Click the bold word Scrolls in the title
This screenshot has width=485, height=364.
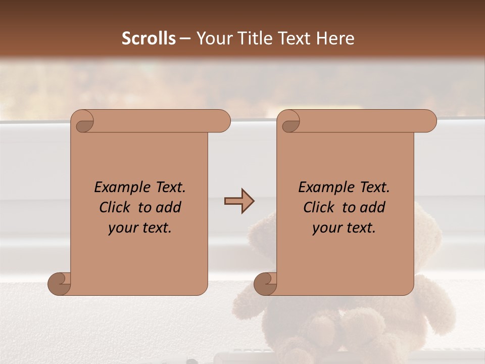point(149,38)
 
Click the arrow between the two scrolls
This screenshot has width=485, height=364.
point(239,201)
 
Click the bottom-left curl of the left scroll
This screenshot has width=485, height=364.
point(59,284)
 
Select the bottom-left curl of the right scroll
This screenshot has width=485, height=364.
point(265,284)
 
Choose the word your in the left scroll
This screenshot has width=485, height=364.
point(121,229)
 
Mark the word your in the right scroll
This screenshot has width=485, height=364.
point(325,229)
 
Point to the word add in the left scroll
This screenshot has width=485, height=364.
point(169,207)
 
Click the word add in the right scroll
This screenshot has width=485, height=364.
point(373,207)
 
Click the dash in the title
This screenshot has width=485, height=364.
point(185,38)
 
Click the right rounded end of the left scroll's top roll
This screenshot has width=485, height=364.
point(224,121)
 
